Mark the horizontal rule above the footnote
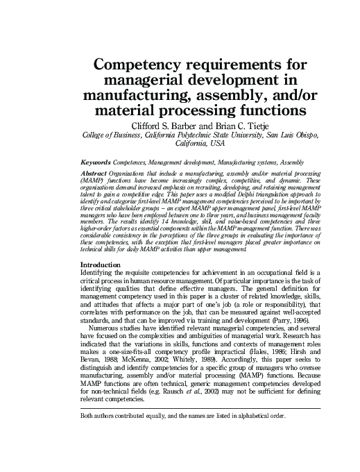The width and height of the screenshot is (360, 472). [x=201, y=409]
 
